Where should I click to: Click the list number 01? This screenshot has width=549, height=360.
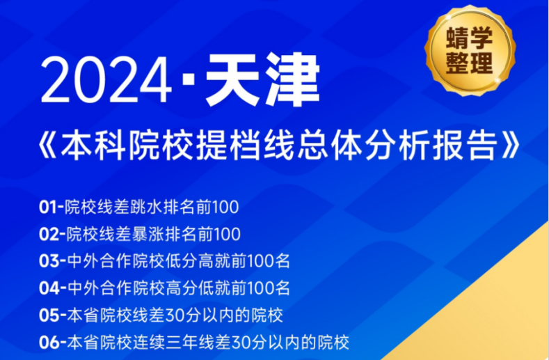(49, 207)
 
